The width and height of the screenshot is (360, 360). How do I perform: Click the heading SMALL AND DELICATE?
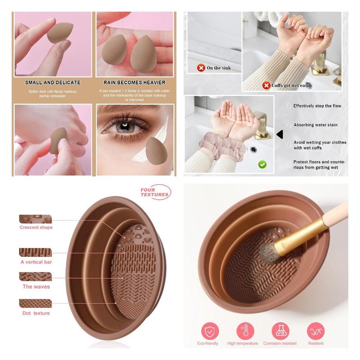coord(53,83)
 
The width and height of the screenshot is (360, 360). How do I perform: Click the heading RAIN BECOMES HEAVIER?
coord(135,83)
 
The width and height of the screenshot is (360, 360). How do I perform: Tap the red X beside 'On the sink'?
coord(201,68)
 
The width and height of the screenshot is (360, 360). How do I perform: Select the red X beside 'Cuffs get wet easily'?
coord(266,85)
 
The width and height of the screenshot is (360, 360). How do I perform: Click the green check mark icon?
coord(262,164)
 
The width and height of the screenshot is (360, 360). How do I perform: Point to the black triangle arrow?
coord(279,134)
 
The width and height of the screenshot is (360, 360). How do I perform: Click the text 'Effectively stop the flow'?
coord(317,106)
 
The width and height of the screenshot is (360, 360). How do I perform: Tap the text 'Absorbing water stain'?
coord(315,125)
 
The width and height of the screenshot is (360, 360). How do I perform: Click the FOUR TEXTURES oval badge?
coord(155,192)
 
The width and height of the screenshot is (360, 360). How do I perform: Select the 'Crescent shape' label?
coord(36,228)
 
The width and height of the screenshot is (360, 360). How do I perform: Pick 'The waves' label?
coord(36,287)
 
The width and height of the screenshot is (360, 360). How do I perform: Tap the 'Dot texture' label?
coord(36,313)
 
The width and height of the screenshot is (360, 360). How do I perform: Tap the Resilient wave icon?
coord(315,331)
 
